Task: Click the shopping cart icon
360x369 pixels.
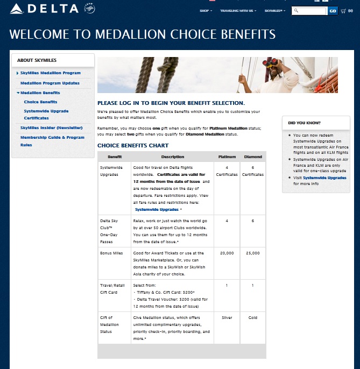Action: coord(343,11)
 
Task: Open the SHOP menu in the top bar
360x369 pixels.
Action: coord(205,11)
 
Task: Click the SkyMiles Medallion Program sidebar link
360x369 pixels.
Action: coord(50,73)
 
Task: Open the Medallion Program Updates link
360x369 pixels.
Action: coord(50,83)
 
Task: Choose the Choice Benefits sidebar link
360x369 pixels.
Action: coord(40,102)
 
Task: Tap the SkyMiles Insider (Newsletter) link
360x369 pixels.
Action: coord(51,127)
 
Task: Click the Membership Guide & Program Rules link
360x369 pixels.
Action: coord(52,141)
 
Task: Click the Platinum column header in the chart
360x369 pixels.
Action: coord(227,157)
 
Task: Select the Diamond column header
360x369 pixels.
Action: coord(253,157)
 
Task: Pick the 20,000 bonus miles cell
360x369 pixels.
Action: coord(227,253)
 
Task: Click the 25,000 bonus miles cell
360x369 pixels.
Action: coord(253,253)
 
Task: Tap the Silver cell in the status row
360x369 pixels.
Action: coord(227,318)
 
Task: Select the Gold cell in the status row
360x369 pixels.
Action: coord(253,318)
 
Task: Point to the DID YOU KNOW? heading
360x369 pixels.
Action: coord(304,123)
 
